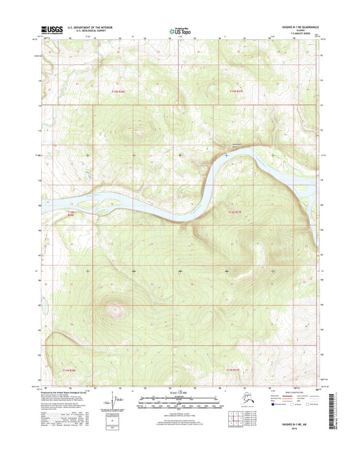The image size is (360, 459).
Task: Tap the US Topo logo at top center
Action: (x=180, y=30)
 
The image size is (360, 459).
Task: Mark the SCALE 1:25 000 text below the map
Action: (x=180, y=394)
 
